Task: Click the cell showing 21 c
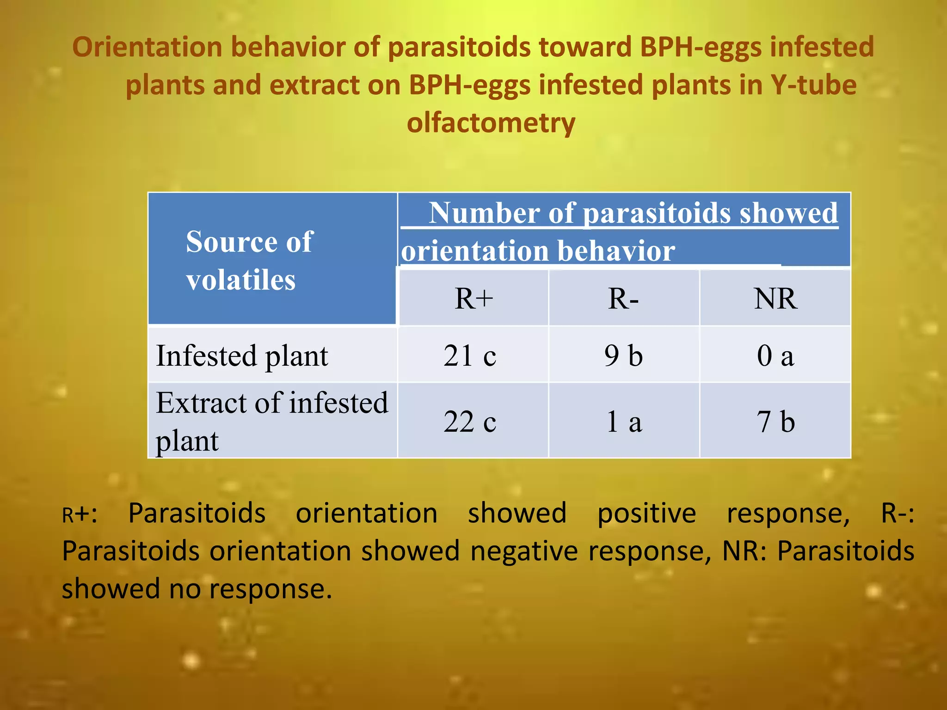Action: pyautogui.click(x=470, y=356)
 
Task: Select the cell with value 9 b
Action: pyautogui.click(x=623, y=356)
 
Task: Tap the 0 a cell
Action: pyautogui.click(x=775, y=356)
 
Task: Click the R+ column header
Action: pyautogui.click(x=473, y=299)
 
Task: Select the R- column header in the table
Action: pyautogui.click(x=623, y=299)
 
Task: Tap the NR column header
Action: pyautogui.click(x=775, y=299)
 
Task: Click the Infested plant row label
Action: pyautogui.click(x=242, y=356)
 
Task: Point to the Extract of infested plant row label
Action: pyautogui.click(x=271, y=421)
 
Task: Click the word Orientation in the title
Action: pyautogui.click(x=147, y=47)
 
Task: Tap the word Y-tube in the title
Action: pyautogui.click(x=813, y=85)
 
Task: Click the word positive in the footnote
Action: pyautogui.click(x=646, y=513)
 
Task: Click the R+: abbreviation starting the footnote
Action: pyautogui.click(x=80, y=514)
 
